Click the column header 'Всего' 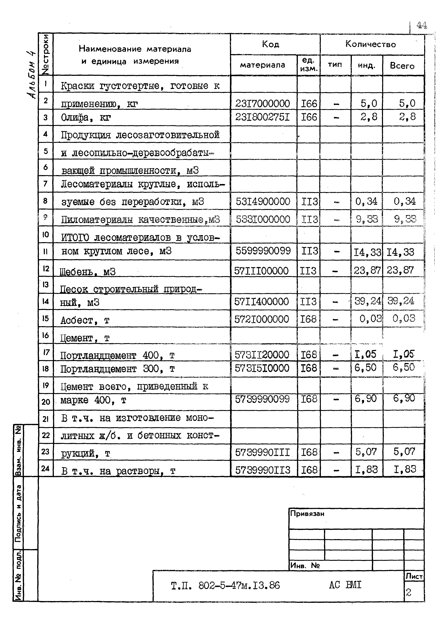pyautogui.click(x=402, y=66)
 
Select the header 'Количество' pyautogui.click(x=371, y=44)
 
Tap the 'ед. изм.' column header pyautogui.click(x=308, y=65)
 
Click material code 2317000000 pyautogui.click(x=263, y=104)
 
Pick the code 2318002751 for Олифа pyautogui.click(x=263, y=117)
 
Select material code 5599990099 pyautogui.click(x=263, y=251)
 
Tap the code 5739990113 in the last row pyautogui.click(x=263, y=470)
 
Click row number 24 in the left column pyautogui.click(x=45, y=468)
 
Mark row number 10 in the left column pyautogui.click(x=45, y=234)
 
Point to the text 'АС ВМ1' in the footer pyautogui.click(x=345, y=585)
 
